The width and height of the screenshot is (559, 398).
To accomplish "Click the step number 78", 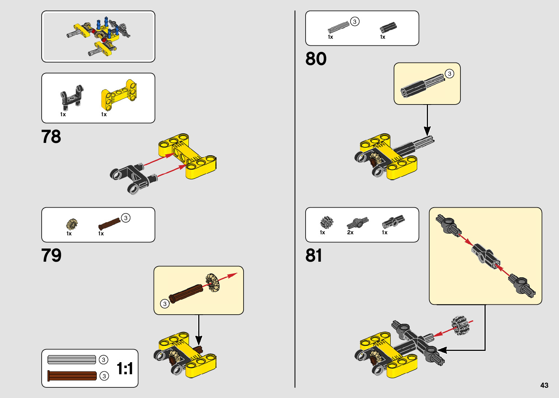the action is coord(51,137).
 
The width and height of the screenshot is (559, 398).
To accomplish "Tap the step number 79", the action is coord(51,255).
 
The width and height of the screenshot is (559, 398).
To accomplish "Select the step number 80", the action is coord(316,59).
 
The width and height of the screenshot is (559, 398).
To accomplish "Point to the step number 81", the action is coord(314,255).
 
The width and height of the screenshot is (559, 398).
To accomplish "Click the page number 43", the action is coord(544,385).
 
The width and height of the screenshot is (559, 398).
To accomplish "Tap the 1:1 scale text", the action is coord(125,368).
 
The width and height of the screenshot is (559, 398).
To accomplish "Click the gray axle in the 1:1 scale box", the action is coord(72,360).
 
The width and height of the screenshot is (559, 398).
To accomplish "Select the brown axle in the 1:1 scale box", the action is coord(72,375).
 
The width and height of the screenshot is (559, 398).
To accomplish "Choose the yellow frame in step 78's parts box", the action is coord(119,95).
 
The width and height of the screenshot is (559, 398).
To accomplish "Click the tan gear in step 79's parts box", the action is coord(72,224).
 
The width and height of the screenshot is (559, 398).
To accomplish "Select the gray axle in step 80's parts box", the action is coord(338,28).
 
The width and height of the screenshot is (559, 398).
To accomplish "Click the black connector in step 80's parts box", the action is coord(388,27).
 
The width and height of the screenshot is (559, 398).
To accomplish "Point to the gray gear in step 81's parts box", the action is coord(326,222).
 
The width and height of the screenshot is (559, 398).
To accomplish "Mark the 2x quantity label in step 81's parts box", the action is coord(350,232).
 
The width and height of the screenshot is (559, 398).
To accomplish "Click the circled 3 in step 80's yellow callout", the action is coord(449,73).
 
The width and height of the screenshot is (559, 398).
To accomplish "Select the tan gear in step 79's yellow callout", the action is coord(213,282).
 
